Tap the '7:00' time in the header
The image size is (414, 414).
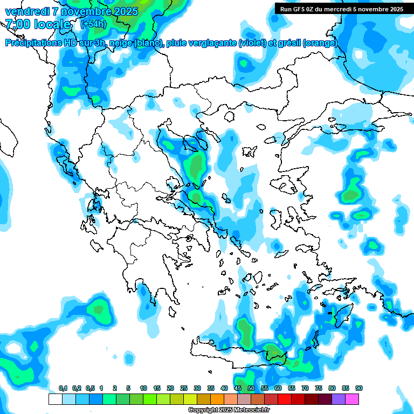tap(17, 24)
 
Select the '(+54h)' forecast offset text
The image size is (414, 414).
tap(93, 24)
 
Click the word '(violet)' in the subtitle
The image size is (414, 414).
tap(252, 43)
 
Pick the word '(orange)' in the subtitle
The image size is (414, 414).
tap(320, 43)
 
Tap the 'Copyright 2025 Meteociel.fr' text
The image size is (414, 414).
tap(229, 410)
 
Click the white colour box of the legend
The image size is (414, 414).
tap(55, 399)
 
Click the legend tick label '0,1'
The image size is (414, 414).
tap(63, 388)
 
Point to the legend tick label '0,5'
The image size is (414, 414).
tap(90, 388)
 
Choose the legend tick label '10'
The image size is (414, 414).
tap(143, 388)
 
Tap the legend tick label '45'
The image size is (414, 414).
tap(238, 388)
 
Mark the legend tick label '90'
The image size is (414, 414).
tap(359, 388)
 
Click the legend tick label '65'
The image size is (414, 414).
tap(292, 388)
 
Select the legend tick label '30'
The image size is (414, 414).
tap(197, 388)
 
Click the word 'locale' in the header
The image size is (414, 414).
tap(52, 24)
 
